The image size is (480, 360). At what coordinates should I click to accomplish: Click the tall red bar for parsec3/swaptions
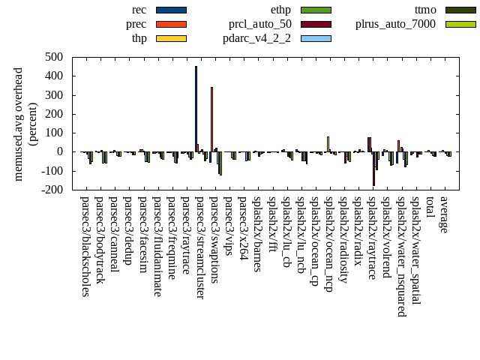click(x=211, y=119)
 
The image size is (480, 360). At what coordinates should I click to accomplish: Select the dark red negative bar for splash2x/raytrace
click(x=373, y=168)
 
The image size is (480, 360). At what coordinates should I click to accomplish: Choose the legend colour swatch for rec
click(x=171, y=10)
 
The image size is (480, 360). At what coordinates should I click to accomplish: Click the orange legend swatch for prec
click(x=171, y=24)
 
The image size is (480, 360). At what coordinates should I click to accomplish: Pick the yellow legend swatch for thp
click(x=171, y=38)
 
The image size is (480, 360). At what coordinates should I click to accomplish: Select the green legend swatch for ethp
click(x=316, y=10)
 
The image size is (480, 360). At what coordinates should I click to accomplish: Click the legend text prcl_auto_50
click(x=260, y=24)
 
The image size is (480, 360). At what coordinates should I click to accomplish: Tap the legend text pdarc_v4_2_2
click(x=257, y=38)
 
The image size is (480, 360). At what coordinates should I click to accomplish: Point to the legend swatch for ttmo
click(x=460, y=10)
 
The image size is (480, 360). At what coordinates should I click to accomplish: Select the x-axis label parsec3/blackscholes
click(x=85, y=246)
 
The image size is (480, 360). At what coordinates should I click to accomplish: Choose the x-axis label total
click(x=430, y=209)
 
